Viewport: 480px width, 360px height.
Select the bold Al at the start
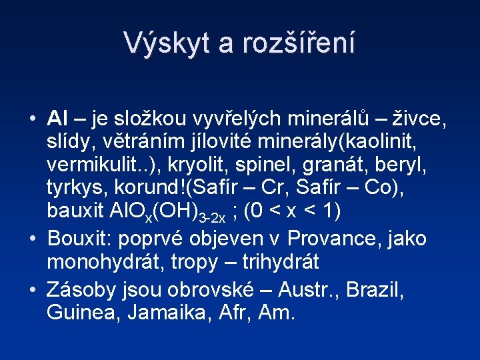[57, 119]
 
